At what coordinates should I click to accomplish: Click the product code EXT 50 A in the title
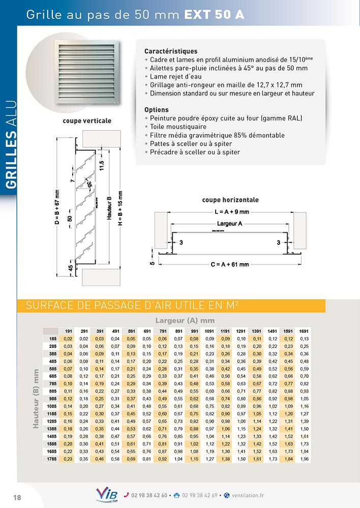pyautogui.click(x=214, y=15)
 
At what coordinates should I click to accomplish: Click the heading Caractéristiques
pyautogui.click(x=171, y=51)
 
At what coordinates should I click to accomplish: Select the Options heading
pyautogui.click(x=157, y=110)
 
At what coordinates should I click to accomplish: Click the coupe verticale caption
pyautogui.click(x=87, y=121)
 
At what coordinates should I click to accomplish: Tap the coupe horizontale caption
pyautogui.click(x=230, y=200)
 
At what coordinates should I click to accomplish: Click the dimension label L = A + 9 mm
pyautogui.click(x=231, y=212)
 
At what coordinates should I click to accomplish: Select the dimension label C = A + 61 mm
pyautogui.click(x=230, y=264)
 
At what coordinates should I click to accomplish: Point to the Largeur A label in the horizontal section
pyautogui.click(x=229, y=224)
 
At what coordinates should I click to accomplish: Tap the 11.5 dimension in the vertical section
pyautogui.click(x=102, y=166)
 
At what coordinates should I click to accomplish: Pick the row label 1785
pyautogui.click(x=51, y=460)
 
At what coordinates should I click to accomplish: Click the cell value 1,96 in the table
pyautogui.click(x=304, y=460)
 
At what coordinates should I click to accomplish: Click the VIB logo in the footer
pyautogui.click(x=106, y=494)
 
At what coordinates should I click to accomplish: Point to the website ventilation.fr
pyautogui.click(x=248, y=495)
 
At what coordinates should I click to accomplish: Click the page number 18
pyautogui.click(x=17, y=497)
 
